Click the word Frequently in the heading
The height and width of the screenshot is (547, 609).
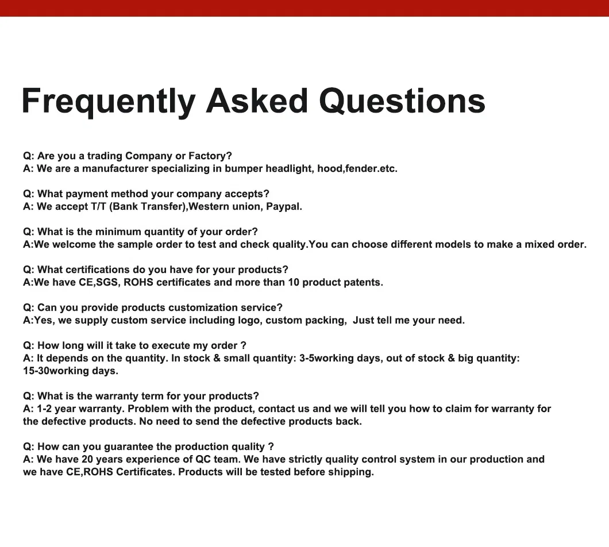click(x=109, y=102)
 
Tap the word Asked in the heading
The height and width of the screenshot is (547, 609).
click(x=257, y=101)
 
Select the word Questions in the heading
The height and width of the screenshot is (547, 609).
click(x=402, y=101)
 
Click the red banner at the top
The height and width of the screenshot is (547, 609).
click(x=304, y=8)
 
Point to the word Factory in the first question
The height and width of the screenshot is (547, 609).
click(x=210, y=156)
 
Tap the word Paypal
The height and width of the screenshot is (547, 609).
click(x=284, y=207)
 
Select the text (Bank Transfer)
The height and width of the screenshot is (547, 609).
click(x=148, y=207)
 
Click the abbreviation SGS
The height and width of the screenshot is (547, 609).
click(x=108, y=283)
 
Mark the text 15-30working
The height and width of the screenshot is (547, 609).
click(x=56, y=371)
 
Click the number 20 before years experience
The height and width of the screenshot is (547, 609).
click(x=87, y=459)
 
